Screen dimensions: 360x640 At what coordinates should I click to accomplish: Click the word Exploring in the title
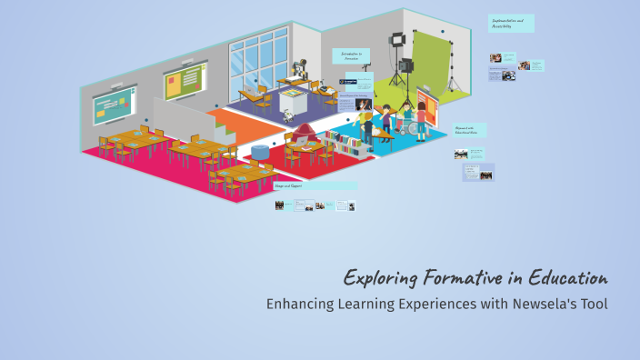coord(382,277)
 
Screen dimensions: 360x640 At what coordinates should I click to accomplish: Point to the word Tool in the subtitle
coord(593,304)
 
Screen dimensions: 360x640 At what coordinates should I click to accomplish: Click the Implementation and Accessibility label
coord(511,23)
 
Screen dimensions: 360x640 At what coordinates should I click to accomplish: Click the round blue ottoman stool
coord(260,150)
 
